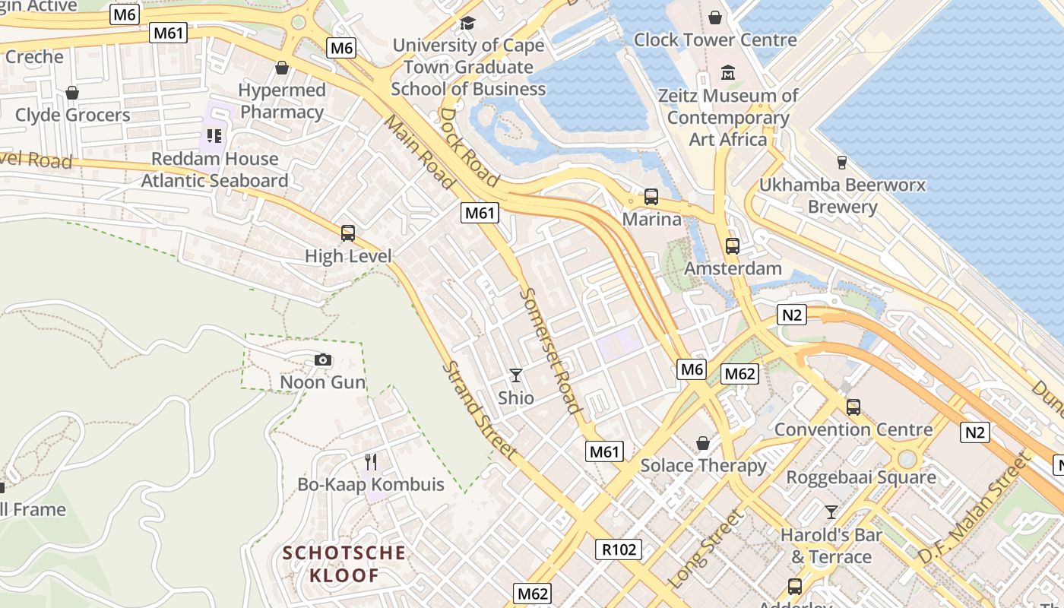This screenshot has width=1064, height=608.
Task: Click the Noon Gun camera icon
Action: click(x=323, y=359)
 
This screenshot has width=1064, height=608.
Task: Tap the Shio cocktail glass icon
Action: click(x=516, y=375)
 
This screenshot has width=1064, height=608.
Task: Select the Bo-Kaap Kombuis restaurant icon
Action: click(x=371, y=461)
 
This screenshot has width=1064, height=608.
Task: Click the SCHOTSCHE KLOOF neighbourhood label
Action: click(x=344, y=563)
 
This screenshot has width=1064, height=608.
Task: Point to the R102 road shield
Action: click(x=619, y=549)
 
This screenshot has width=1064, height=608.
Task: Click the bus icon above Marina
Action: click(x=651, y=197)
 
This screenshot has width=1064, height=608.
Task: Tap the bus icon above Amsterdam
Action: click(x=732, y=245)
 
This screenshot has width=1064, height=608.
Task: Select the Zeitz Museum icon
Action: click(x=728, y=73)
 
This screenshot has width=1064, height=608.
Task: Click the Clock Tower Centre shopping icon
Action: click(x=714, y=17)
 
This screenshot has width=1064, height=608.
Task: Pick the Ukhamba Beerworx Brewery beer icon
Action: click(x=841, y=162)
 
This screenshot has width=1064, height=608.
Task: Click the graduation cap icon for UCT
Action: click(x=467, y=23)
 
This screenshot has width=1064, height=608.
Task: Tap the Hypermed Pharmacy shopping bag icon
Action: click(x=281, y=68)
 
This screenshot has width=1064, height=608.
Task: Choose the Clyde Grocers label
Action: click(x=73, y=115)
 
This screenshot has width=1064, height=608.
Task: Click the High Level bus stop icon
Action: click(x=348, y=233)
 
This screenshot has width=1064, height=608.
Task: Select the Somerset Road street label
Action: click(x=551, y=350)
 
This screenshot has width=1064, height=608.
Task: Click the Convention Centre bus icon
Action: click(x=853, y=407)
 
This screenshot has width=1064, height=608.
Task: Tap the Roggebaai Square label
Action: click(x=861, y=477)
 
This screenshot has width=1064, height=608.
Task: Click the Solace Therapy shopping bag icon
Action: click(x=704, y=442)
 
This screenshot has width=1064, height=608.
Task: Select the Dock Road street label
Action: click(x=469, y=147)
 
